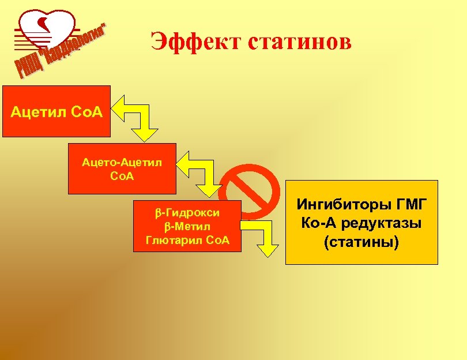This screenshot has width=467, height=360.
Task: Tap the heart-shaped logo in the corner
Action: pyautogui.click(x=46, y=29)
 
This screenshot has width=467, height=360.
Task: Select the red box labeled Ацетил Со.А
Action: pyautogui.click(x=57, y=111)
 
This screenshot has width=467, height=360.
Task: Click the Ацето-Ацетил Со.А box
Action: pyautogui.click(x=122, y=168)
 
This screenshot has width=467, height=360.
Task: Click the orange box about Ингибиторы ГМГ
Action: pyautogui.click(x=361, y=222)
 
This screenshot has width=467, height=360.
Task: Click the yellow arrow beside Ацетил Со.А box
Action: pyautogui.click(x=135, y=116)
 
